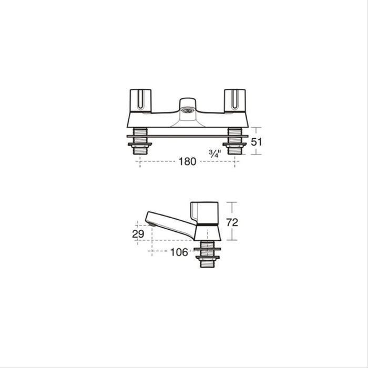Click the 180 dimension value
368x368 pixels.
point(187,161)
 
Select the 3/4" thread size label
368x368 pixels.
point(215,154)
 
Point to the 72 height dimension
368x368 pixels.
point(231,222)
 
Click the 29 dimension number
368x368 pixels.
point(138,234)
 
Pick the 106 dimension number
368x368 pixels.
point(179,252)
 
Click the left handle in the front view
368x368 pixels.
point(140,100)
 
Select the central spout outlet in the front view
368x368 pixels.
point(187,111)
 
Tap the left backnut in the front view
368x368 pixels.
point(140,144)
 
